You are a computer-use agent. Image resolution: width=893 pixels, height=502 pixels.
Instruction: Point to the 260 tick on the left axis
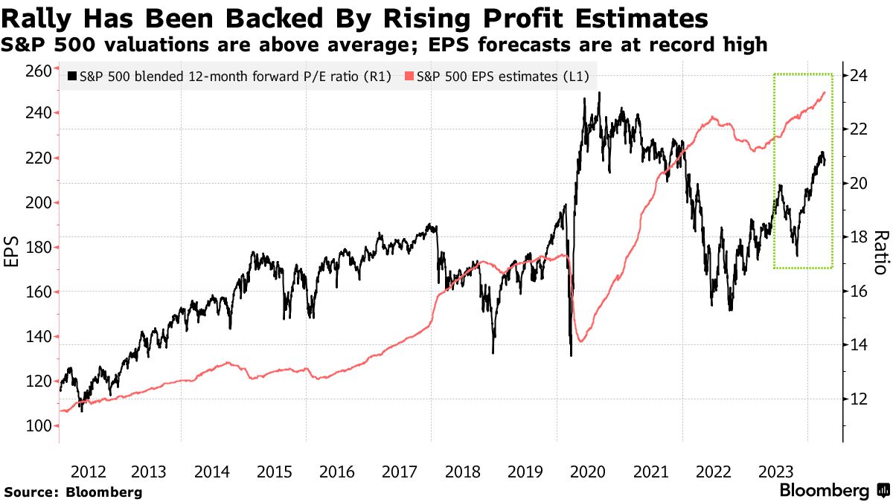coord(38,71)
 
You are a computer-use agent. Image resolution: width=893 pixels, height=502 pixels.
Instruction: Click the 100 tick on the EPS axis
coord(38,426)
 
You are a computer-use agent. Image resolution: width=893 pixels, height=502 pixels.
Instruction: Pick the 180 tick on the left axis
coord(38,248)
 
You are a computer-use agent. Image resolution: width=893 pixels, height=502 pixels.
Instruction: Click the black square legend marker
coord(71,76)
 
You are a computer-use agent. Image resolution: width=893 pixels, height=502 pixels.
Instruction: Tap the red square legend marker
coord(409,76)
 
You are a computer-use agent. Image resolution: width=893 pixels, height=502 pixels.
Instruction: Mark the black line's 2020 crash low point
coord(571,355)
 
